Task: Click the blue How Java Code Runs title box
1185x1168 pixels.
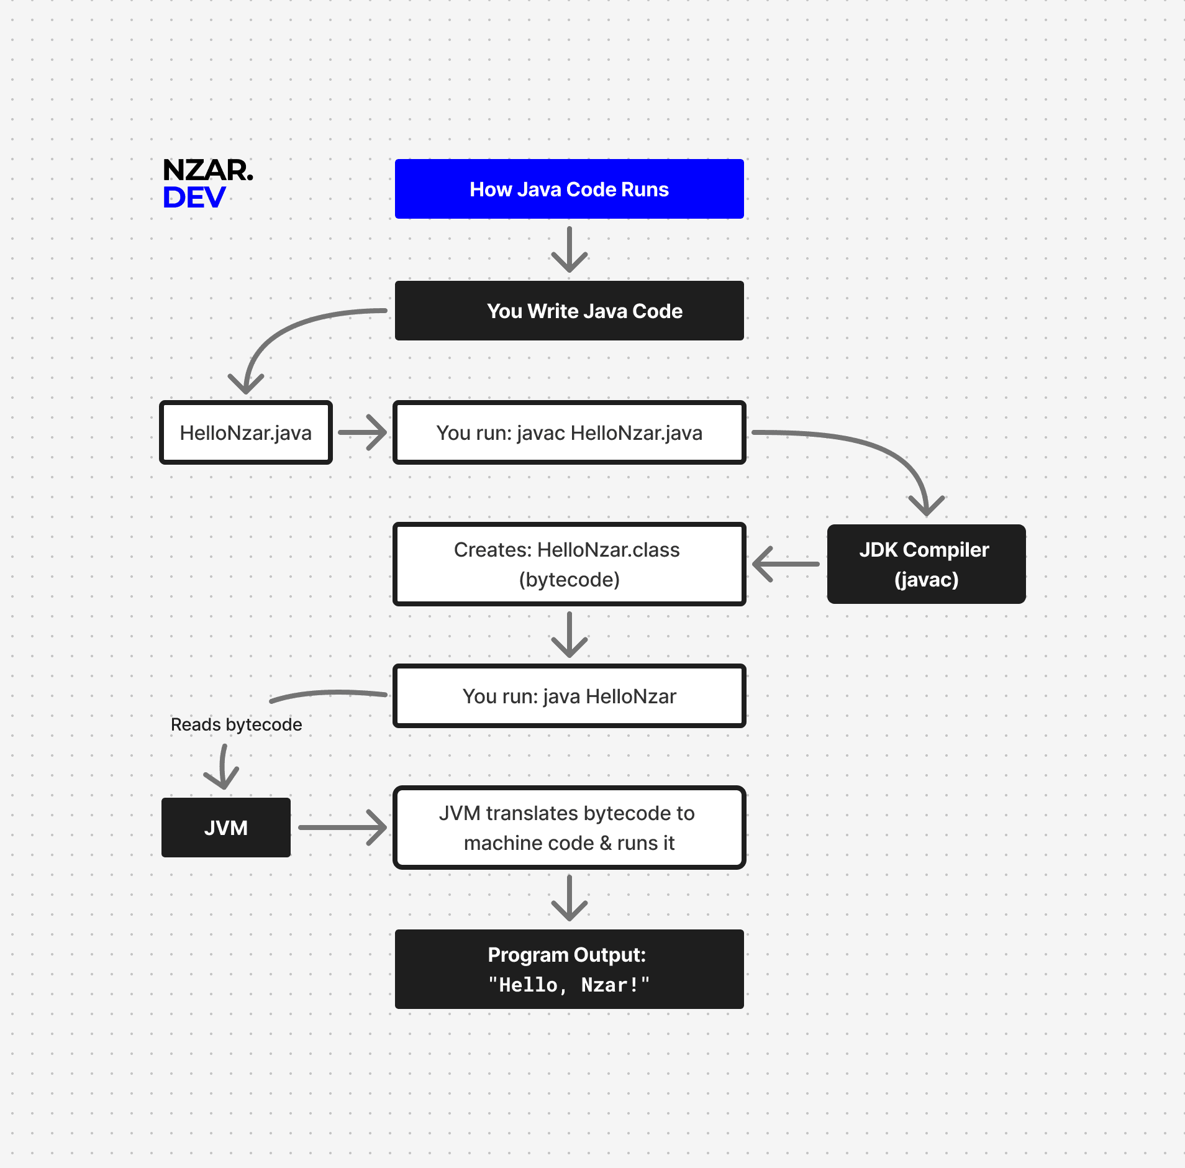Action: (x=569, y=189)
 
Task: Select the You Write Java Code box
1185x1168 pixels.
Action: (x=569, y=311)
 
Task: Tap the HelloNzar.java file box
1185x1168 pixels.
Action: (x=246, y=432)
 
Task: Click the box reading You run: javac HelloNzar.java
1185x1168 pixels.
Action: (x=569, y=432)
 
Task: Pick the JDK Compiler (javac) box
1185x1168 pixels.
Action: (x=925, y=564)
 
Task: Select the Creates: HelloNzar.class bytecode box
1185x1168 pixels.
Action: (x=569, y=564)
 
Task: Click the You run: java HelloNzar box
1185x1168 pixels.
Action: (x=569, y=696)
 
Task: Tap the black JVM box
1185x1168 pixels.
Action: (x=226, y=828)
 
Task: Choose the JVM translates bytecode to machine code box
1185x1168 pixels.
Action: (x=569, y=828)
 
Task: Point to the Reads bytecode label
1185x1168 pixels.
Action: (x=236, y=724)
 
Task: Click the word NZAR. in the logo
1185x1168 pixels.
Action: (x=207, y=170)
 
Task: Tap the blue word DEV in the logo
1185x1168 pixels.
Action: (x=194, y=198)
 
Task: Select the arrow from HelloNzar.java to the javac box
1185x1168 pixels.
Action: (x=363, y=432)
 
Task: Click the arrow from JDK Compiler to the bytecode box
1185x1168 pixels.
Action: (x=786, y=564)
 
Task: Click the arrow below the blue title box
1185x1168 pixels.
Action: (x=569, y=250)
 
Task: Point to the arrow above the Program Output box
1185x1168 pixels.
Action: (x=569, y=898)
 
